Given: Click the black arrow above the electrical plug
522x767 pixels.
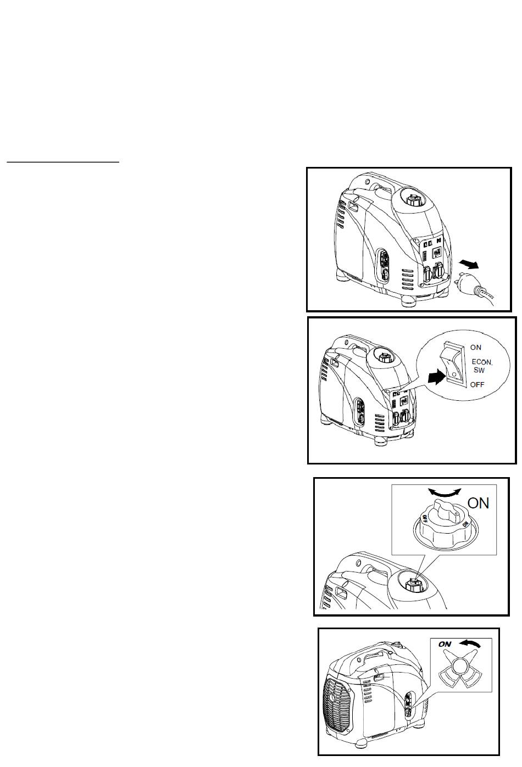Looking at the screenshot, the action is pos(469,263).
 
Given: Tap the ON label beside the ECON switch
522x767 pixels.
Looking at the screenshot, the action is pos(476,347).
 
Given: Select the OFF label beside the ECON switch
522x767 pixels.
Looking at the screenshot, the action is pos(477,384).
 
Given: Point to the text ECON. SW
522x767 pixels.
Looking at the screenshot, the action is pos(481,365).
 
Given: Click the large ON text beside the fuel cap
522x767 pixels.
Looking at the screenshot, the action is pos(478,503).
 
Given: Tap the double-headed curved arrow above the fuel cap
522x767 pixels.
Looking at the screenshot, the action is pos(445,492).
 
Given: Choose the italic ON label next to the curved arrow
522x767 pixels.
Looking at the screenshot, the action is pos(445,644).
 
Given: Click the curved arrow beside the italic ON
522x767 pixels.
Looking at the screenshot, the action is pos(470,644).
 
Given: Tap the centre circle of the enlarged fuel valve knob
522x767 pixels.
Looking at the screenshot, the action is pos(460,668).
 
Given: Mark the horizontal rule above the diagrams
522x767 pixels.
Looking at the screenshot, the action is pos(63,161).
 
